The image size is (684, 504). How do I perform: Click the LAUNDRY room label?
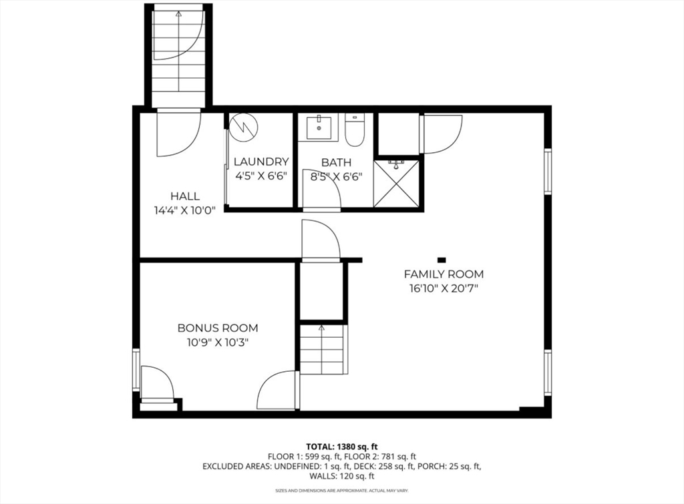(261, 162)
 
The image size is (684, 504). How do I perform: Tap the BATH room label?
(337, 163)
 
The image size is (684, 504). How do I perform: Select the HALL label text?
(185, 196)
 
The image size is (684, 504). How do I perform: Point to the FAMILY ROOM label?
(444, 274)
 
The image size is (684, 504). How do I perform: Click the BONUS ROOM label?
(218, 328)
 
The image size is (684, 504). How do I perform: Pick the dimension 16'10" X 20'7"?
(444, 288)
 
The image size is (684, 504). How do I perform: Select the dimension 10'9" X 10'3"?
(218, 342)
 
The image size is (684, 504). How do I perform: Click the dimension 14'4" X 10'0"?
(185, 210)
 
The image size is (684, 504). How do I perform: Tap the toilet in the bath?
(355, 130)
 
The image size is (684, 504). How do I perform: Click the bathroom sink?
(319, 128)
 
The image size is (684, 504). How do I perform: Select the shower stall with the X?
(396, 184)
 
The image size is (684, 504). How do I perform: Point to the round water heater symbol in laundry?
(244, 128)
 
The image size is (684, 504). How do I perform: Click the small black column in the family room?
(442, 260)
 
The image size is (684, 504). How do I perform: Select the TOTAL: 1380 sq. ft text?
(341, 447)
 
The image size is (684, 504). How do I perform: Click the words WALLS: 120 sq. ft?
(341, 476)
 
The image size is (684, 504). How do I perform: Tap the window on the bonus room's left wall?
(136, 369)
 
